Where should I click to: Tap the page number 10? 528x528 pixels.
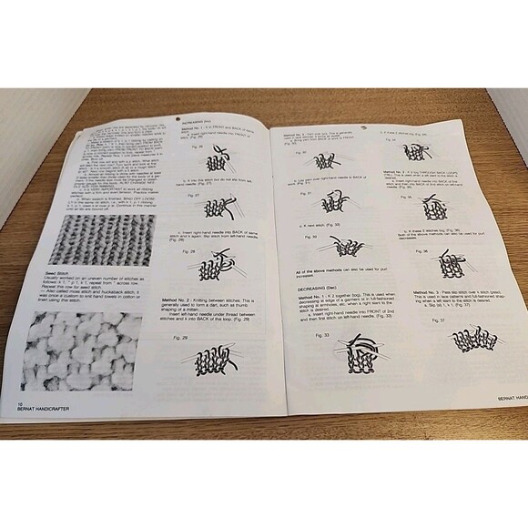click(x=19, y=401)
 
